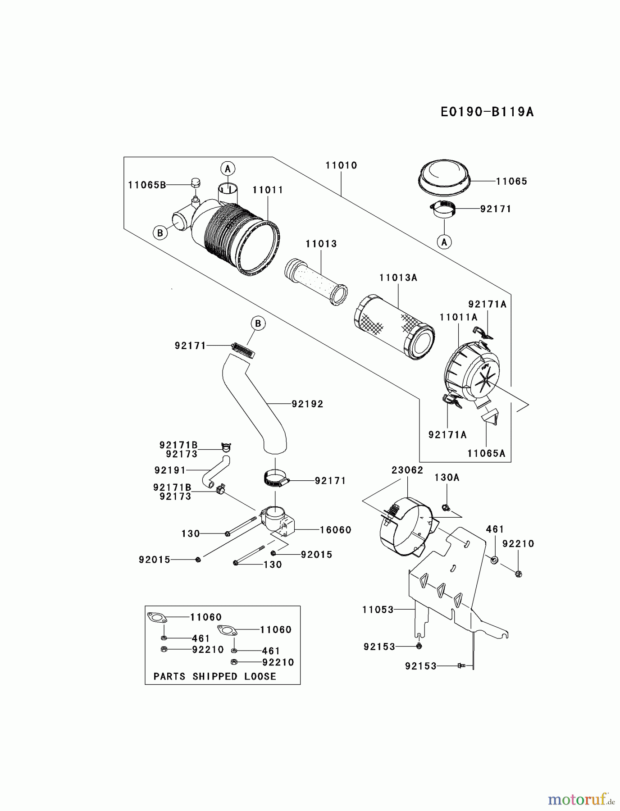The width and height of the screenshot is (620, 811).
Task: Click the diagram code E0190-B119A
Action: (487, 112)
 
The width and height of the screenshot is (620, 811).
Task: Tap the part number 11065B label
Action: (147, 185)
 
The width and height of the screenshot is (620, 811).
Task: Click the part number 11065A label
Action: (486, 453)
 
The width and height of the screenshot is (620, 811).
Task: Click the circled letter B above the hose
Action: (258, 323)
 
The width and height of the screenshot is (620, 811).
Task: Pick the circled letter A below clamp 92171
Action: (444, 242)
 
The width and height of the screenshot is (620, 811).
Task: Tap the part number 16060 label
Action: (335, 530)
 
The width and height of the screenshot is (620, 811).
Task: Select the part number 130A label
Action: (447, 477)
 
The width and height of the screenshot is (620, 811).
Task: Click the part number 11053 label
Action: (378, 610)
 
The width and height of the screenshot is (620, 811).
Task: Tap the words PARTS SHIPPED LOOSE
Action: (214, 676)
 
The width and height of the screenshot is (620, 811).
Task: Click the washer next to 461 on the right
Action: (494, 560)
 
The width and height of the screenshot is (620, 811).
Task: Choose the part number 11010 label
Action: (341, 165)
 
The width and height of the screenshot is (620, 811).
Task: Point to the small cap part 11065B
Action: (195, 183)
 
